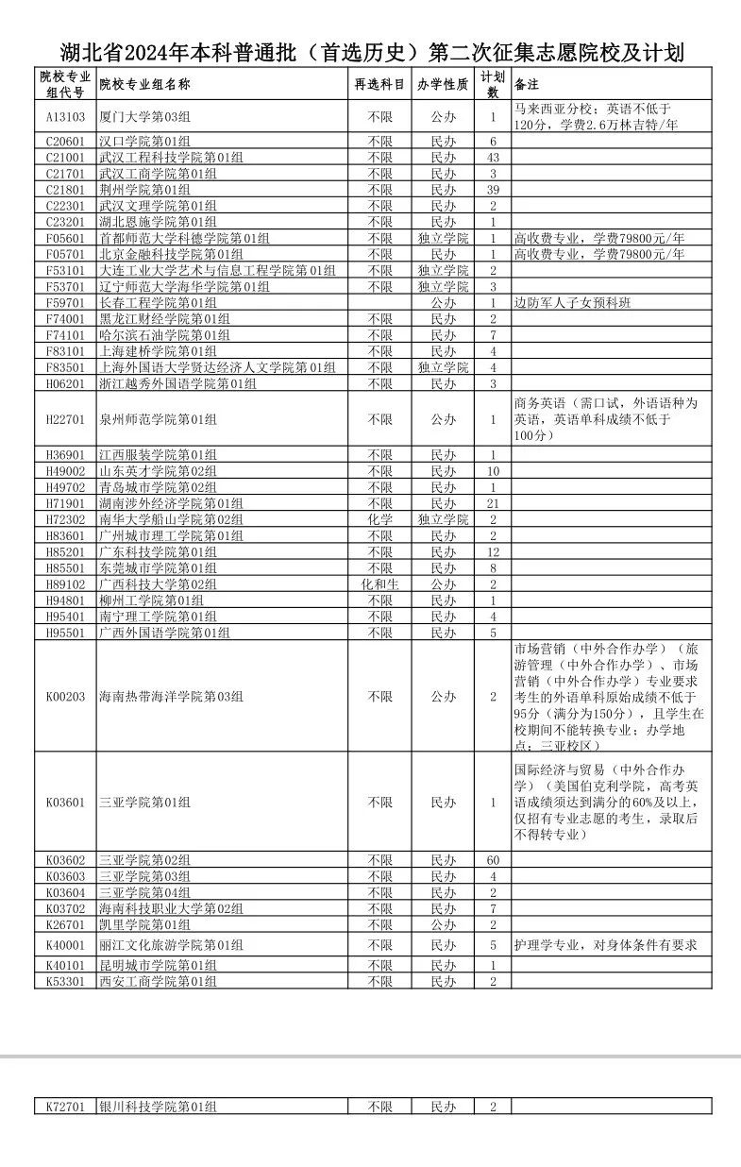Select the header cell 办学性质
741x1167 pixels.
click(443, 84)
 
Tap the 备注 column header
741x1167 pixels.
click(527, 84)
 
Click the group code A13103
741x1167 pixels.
click(65, 117)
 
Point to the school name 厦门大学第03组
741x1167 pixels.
click(144, 117)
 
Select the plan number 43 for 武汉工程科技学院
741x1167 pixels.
click(492, 158)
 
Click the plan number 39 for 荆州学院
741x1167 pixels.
click(492, 190)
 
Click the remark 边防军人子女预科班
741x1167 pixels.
click(572, 303)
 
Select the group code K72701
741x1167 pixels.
click(65, 1107)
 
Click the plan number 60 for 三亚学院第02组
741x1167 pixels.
click(492, 860)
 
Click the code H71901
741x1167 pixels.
click(65, 504)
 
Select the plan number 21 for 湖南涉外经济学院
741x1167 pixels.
click(492, 504)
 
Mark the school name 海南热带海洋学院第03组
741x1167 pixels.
click(171, 697)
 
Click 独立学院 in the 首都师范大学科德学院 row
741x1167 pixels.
click(443, 239)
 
